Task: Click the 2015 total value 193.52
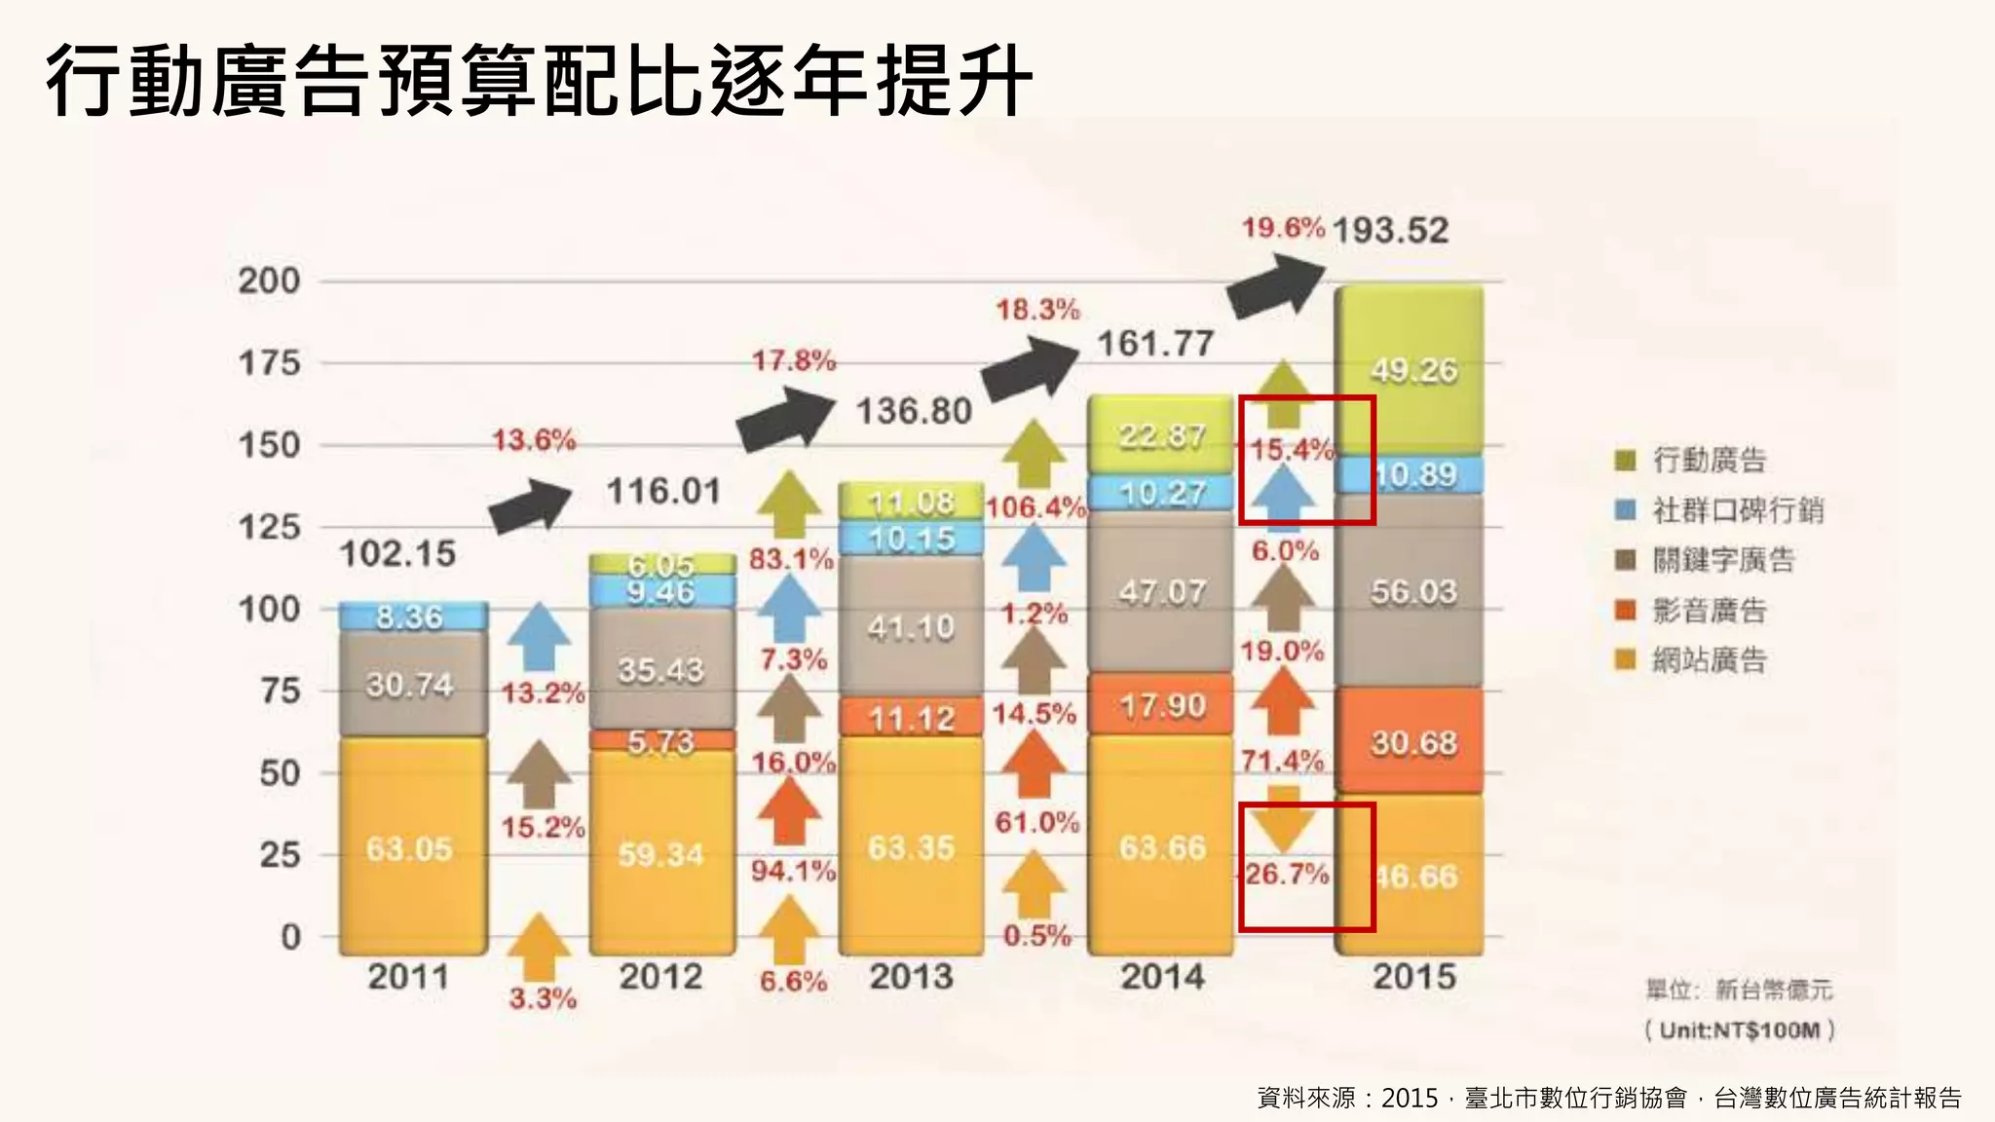pos(1390,231)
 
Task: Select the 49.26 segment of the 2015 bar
pos(1413,370)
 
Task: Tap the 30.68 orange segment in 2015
pos(1413,743)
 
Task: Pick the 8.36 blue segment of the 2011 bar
pos(410,617)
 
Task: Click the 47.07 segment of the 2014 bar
pos(1162,591)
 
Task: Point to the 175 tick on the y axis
pos(269,363)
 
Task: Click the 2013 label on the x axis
pos(912,976)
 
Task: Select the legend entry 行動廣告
pos(1709,460)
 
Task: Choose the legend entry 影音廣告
pos(1709,611)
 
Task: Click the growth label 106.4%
pos(1035,507)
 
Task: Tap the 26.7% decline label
pos(1287,874)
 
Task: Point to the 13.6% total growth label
pos(534,440)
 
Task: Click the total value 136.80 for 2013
pos(914,411)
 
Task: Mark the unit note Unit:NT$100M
pos(1740,1030)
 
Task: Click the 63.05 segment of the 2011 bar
pos(410,848)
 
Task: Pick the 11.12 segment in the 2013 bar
pos(912,719)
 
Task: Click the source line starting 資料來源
pos(1608,1098)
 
